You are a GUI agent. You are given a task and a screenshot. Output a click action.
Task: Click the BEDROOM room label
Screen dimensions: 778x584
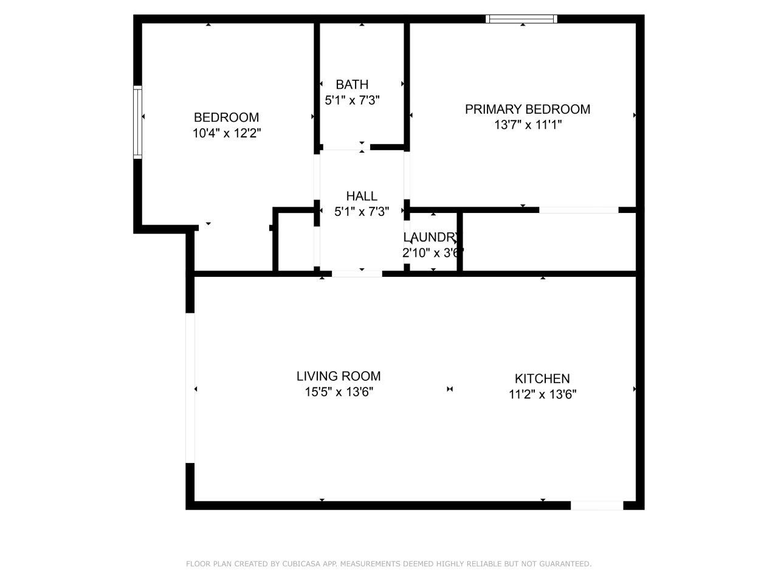(x=226, y=117)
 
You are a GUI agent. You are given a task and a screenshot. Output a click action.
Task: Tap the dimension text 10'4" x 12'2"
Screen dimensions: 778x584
(x=227, y=133)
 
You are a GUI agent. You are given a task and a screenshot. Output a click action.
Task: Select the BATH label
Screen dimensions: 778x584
(x=351, y=85)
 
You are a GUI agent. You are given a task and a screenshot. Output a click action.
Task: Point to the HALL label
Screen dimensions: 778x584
(x=361, y=196)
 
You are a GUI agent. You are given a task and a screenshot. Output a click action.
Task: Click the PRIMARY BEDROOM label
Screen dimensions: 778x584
(x=528, y=109)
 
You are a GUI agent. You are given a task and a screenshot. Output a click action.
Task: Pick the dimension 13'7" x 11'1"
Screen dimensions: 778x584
(x=528, y=125)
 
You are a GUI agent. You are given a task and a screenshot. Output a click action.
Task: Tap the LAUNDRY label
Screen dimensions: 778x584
(x=432, y=237)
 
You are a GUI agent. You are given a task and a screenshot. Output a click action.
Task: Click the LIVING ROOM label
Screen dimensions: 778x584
(x=339, y=376)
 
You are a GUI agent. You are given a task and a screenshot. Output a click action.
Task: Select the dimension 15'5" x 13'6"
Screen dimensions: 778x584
(x=339, y=392)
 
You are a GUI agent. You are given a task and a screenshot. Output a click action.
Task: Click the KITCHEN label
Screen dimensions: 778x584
(x=542, y=379)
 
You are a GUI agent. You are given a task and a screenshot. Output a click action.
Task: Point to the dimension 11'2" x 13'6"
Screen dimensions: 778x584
(x=542, y=394)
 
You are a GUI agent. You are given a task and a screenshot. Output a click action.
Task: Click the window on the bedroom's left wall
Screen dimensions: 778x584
(x=137, y=122)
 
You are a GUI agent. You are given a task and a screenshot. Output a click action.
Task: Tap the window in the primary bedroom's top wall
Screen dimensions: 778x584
(x=521, y=19)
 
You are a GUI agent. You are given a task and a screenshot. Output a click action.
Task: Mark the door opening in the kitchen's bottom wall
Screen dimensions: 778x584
(x=596, y=506)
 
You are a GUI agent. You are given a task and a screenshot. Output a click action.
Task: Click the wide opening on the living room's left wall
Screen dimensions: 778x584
(x=190, y=388)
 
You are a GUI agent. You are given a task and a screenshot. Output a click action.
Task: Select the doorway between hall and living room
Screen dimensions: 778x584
(x=357, y=274)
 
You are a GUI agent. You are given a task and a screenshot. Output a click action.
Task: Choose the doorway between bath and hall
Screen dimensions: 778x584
(x=346, y=147)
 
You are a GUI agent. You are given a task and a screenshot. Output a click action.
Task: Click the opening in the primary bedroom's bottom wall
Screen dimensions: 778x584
(x=579, y=210)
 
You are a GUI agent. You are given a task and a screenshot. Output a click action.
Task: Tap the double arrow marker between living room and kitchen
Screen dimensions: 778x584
(x=450, y=389)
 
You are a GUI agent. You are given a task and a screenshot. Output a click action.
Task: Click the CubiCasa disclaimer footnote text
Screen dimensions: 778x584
(x=389, y=564)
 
